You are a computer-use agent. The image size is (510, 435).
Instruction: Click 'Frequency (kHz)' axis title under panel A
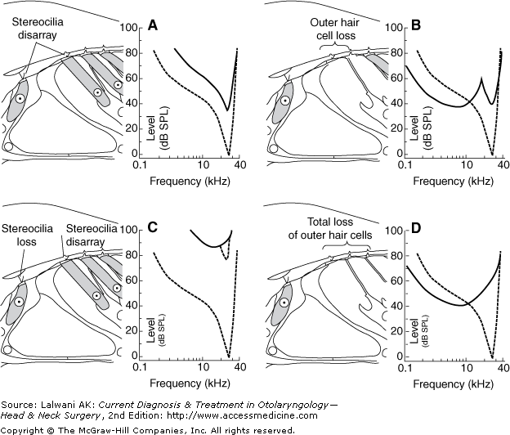[x=187, y=178]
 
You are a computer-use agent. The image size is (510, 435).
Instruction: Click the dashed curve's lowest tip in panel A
[x=228, y=153]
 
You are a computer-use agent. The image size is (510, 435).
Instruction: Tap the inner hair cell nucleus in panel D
[x=284, y=303]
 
